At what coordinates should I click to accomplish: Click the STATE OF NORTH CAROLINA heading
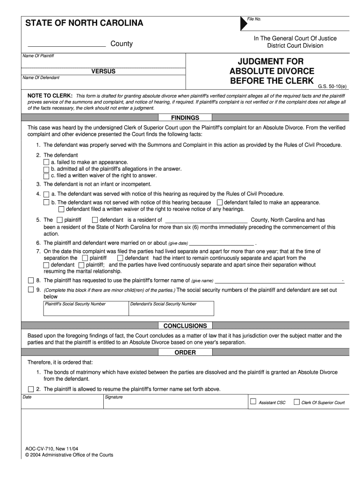click(x=84, y=23)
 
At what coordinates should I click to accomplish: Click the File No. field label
click(x=254, y=19)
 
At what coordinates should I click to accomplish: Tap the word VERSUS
click(x=103, y=72)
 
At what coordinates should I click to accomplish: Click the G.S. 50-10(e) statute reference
click(x=332, y=87)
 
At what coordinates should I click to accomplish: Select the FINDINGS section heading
click(x=185, y=118)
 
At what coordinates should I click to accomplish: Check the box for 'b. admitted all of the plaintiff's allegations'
click(x=46, y=169)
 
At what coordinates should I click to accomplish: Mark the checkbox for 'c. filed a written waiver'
click(x=46, y=176)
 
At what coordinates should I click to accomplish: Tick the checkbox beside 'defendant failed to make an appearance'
click(x=220, y=203)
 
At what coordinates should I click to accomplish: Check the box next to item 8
click(x=31, y=281)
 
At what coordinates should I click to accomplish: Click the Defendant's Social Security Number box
click(x=172, y=309)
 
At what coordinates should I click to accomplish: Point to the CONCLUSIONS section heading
click(x=185, y=326)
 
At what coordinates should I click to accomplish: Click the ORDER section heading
click(x=185, y=352)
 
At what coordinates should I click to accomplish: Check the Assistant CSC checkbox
click(x=253, y=401)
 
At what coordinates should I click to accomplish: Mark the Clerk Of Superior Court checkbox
click(x=296, y=401)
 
